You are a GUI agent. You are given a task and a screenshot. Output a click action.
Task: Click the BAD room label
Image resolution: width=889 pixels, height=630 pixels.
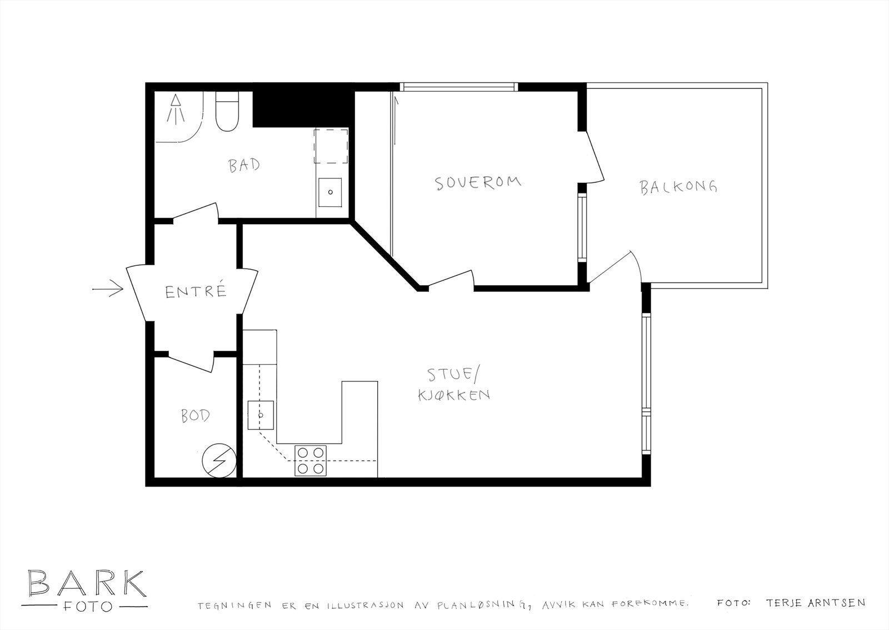click(244, 165)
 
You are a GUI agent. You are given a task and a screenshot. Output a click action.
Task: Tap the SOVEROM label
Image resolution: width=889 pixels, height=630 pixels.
click(478, 182)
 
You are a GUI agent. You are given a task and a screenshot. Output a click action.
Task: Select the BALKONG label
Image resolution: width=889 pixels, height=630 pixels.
click(678, 186)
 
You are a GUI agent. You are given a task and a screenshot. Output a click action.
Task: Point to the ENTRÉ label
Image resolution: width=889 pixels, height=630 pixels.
click(196, 291)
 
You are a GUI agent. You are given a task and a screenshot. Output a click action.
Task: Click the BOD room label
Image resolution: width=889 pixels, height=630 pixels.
click(196, 415)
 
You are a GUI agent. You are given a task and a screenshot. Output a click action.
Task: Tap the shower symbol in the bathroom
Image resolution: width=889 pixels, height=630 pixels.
click(176, 109)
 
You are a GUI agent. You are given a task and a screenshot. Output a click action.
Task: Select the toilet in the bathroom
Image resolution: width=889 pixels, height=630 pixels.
click(227, 113)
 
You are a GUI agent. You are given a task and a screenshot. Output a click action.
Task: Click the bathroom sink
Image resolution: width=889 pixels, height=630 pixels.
click(331, 192)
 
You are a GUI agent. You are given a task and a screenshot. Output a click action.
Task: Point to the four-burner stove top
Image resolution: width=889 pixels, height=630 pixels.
click(311, 461)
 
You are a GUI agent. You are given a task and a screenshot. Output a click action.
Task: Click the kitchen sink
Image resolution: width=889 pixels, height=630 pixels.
click(260, 415)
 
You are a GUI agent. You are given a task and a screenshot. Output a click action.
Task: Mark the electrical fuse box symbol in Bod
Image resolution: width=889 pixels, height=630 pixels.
click(218, 460)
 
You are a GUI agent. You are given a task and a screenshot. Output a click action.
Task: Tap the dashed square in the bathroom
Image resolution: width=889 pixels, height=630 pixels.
click(331, 146)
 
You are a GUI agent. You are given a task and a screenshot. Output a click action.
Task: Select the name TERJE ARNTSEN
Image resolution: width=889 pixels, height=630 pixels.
click(815, 603)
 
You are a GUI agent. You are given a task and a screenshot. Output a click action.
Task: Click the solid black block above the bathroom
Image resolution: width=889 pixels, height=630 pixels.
click(303, 105)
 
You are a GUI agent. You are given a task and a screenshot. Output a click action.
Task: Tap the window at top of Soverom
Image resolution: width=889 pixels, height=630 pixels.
click(458, 87)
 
